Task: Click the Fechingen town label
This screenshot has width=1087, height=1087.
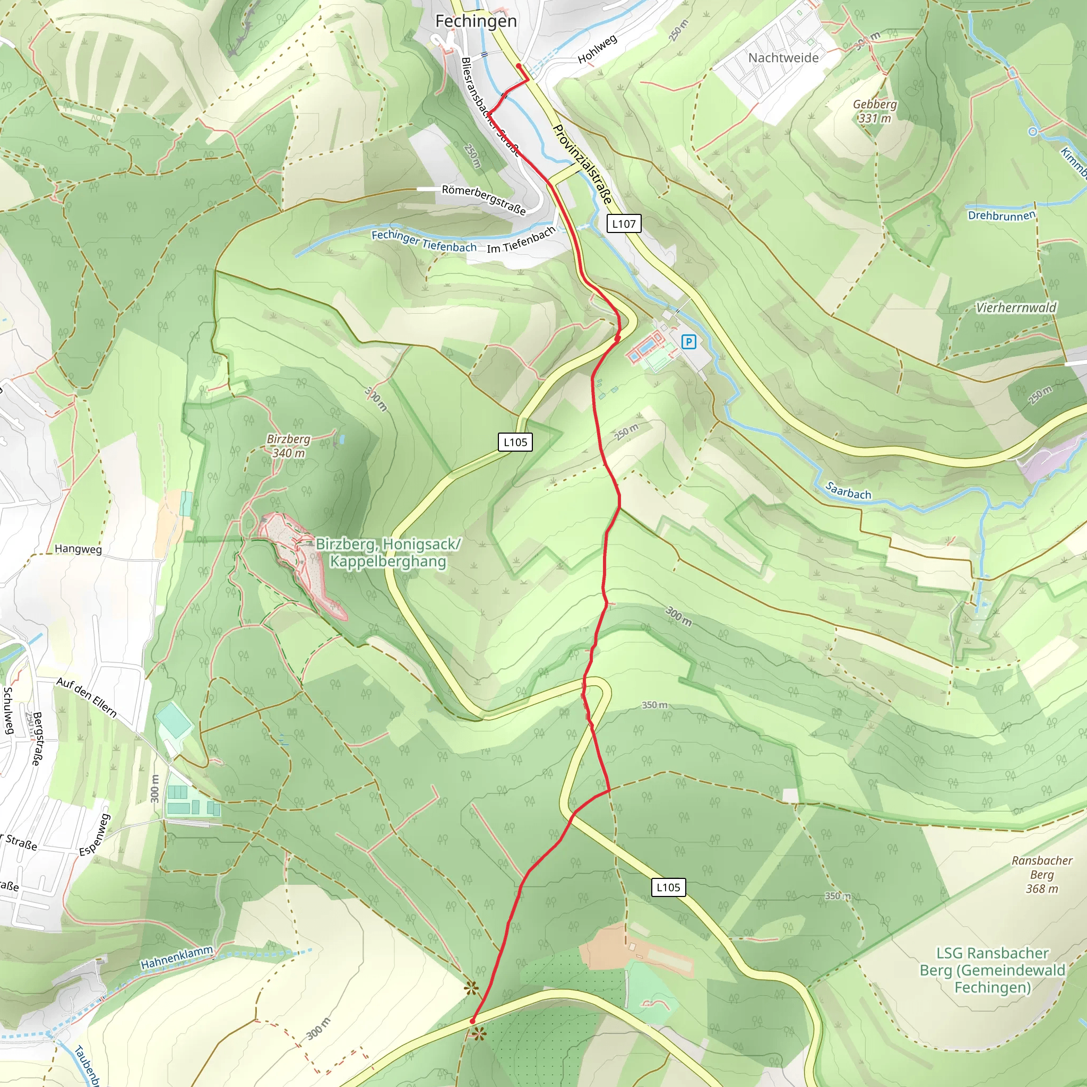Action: click(476, 21)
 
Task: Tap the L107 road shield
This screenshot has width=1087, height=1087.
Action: click(624, 223)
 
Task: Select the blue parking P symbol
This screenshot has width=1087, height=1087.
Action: click(688, 341)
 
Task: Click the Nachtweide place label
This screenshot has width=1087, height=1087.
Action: click(783, 58)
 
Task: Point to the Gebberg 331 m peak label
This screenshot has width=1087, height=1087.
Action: click(874, 111)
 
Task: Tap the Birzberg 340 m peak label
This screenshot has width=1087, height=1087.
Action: click(288, 446)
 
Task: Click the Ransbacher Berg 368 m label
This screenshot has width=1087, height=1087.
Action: click(1041, 874)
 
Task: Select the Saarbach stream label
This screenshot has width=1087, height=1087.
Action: click(848, 490)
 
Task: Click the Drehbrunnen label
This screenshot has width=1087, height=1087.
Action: click(1001, 215)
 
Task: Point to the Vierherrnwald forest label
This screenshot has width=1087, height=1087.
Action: click(1015, 308)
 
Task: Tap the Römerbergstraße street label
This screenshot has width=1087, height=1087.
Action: click(484, 199)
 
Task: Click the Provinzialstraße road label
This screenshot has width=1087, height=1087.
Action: click(582, 163)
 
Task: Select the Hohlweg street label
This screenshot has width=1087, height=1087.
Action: click(598, 49)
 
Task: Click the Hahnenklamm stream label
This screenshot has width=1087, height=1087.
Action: click(177, 957)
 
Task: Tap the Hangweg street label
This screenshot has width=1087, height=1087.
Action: click(78, 549)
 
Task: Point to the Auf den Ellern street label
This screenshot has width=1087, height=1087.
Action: click(87, 697)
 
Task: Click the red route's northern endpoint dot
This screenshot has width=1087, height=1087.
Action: click(518, 66)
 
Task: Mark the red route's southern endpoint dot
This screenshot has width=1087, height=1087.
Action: click(472, 1021)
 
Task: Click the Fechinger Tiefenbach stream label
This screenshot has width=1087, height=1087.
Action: click(424, 241)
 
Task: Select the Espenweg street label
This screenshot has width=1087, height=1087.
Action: click(94, 835)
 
